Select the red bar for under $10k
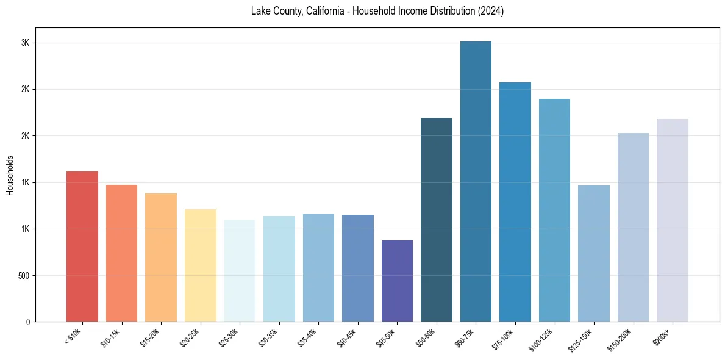tap(82, 247)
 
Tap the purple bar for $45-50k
tap(397, 281)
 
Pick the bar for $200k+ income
tap(673, 220)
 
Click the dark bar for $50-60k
tap(437, 220)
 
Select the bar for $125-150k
tap(594, 253)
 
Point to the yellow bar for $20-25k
tap(201, 265)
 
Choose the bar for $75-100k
tap(515, 202)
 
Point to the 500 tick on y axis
tap(25, 275)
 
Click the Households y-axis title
tap(10, 175)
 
